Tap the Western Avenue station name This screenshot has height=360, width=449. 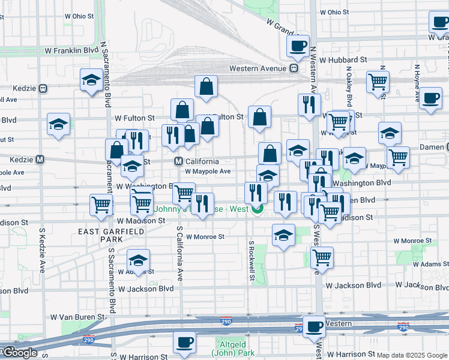pyautogui.click(x=258, y=68)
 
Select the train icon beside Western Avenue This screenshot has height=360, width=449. pyautogui.click(x=294, y=68)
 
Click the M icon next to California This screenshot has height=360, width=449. pyautogui.click(x=178, y=161)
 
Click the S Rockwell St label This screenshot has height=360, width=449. pyautogui.click(x=252, y=260)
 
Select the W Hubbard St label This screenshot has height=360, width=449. pyautogui.click(x=343, y=60)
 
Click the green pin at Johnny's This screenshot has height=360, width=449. pyautogui.click(x=258, y=209)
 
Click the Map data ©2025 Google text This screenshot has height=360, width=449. pyautogui.click(x=412, y=355)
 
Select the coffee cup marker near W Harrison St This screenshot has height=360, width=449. pyautogui.click(x=184, y=343)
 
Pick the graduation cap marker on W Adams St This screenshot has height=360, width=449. pyautogui.click(x=139, y=261)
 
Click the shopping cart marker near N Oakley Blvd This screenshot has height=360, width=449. pyautogui.click(x=378, y=82)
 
